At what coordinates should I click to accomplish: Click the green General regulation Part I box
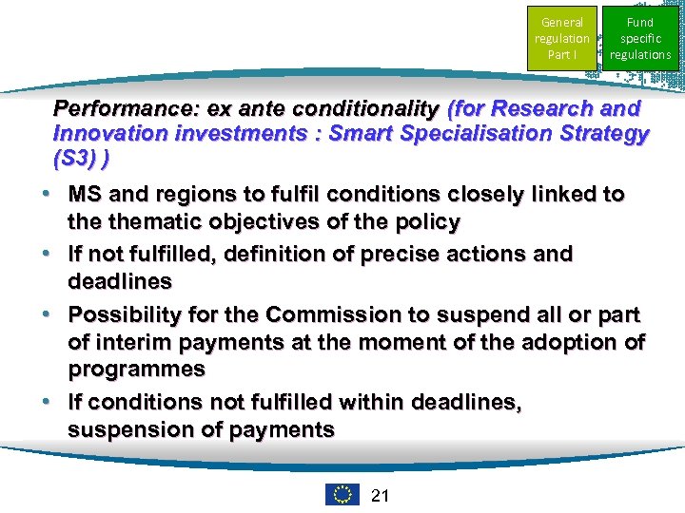tap(562, 38)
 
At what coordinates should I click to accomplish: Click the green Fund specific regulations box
tap(640, 38)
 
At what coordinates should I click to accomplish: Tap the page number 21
tap(381, 495)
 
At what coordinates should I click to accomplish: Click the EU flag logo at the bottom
tap(342, 495)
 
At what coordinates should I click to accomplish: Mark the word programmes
tap(136, 370)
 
